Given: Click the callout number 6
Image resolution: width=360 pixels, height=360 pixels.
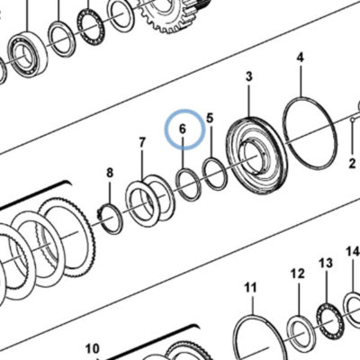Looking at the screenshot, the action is pos(183,130).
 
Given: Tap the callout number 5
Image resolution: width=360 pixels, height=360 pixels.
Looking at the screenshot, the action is pos(210,118).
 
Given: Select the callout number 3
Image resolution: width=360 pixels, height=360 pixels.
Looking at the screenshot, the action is pos(249,76).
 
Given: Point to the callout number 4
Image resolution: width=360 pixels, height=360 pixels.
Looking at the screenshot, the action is pos(301,57).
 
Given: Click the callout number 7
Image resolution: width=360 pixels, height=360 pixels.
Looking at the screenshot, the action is pos(142,142).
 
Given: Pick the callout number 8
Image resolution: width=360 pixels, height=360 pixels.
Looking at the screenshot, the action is pos(110,173).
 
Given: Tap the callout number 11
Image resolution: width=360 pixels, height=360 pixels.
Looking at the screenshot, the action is pos(251,288).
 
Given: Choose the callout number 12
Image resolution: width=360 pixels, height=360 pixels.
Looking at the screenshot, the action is pos(298,274).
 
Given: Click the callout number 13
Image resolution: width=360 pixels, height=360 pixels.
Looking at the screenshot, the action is pos(326,263).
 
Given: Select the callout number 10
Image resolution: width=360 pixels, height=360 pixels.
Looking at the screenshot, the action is pos(92,349).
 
